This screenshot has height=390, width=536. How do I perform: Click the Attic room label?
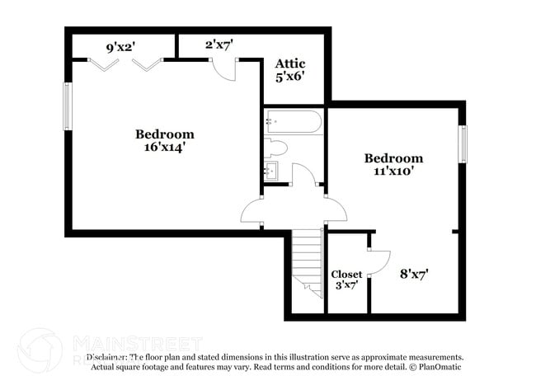pos(290,63)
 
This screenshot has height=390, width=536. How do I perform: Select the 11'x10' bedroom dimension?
pos(393,172)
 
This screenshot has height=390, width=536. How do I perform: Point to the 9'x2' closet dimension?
pos(121,47)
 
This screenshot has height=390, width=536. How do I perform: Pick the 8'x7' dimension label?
pos(414,273)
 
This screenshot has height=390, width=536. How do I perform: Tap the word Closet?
pos(346,275)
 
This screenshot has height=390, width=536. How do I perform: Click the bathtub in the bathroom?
pos(294,125)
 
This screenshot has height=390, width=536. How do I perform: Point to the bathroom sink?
pos(272,172)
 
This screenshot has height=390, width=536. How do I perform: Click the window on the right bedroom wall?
pos(462,143)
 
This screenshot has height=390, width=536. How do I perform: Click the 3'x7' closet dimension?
pos(346,286)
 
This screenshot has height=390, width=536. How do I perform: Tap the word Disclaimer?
pos(107,357)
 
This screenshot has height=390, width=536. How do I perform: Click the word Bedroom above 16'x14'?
pos(165,134)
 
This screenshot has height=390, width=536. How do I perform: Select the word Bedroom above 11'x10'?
pos(393,158)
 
